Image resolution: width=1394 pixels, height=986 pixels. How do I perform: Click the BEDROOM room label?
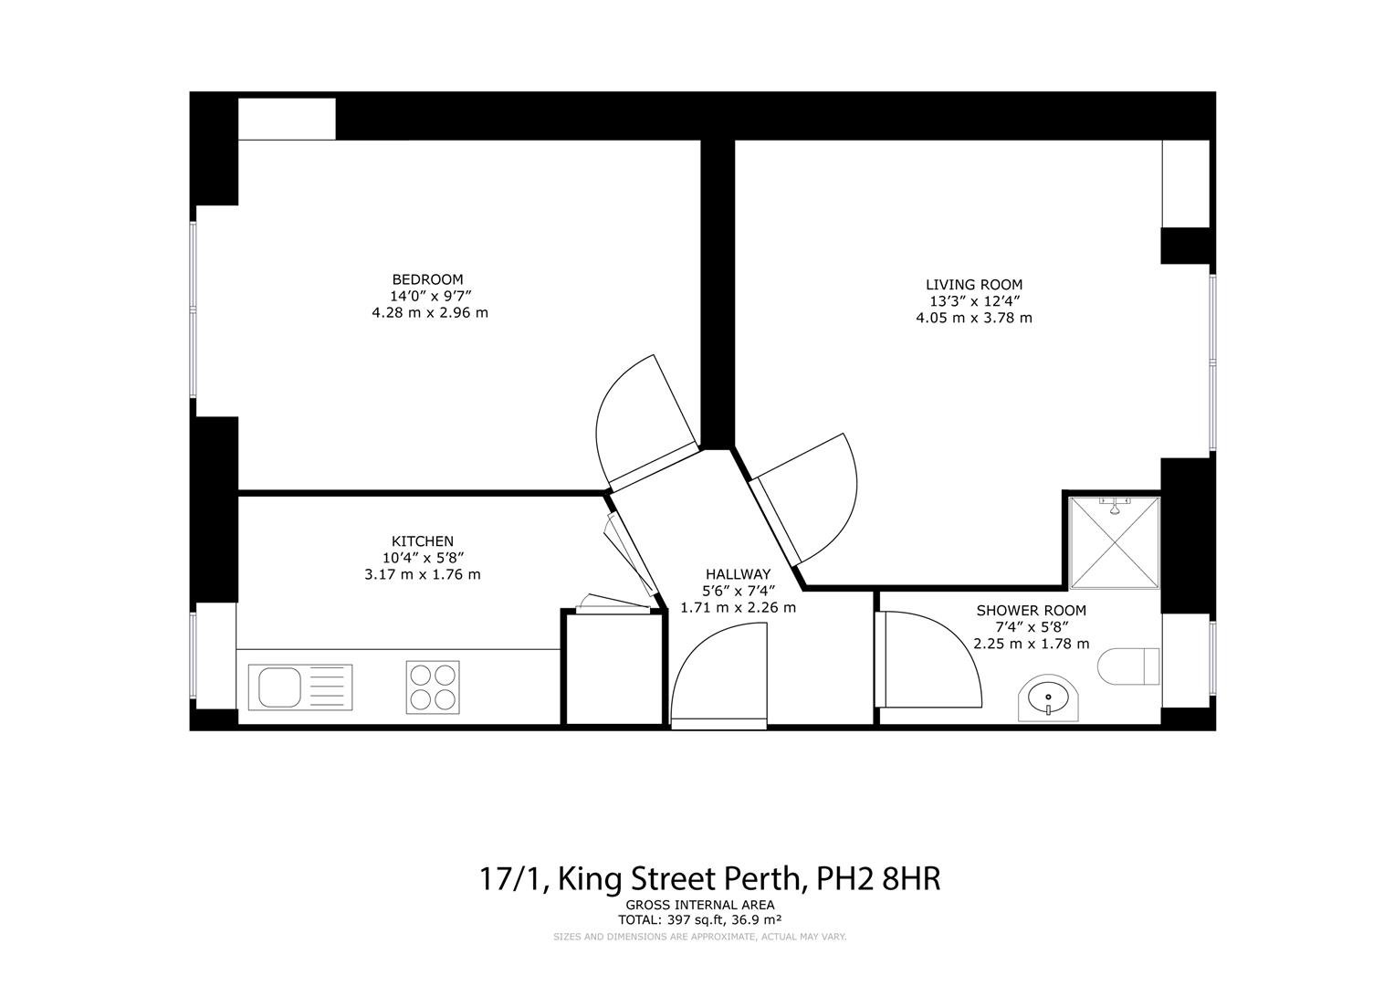pos(427,279)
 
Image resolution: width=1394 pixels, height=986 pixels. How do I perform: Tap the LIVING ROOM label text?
pos(974,285)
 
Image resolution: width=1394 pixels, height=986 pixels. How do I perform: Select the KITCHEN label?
pos(422,541)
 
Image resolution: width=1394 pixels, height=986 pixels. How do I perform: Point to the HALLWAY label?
pos(738,574)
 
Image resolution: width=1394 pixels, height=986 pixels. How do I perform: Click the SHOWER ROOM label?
pos(1032,611)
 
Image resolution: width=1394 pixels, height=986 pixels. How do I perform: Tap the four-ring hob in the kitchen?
pos(432,687)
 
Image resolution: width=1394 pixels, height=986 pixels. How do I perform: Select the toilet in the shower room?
pos(1128,666)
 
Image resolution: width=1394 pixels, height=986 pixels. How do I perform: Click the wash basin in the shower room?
pos(1048,698)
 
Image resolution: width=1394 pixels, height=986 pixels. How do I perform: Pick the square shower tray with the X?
pos(1114,544)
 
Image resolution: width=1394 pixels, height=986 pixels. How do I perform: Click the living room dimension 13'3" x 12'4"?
pos(974,301)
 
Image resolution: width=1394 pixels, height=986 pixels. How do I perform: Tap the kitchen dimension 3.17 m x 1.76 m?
pos(422,574)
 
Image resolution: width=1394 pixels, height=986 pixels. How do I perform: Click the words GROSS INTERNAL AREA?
pos(700,906)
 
